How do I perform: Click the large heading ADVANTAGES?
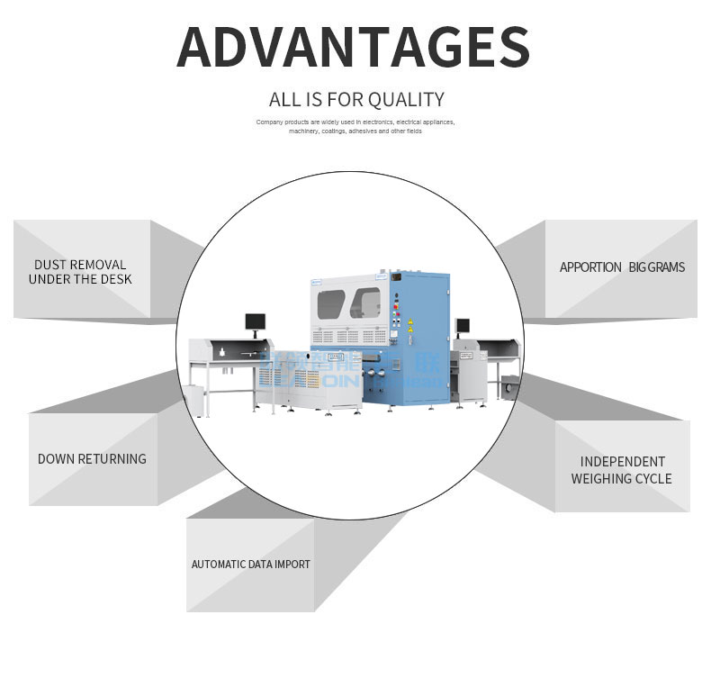click(353, 47)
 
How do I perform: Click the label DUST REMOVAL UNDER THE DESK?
click(80, 272)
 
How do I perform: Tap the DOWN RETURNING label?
click(92, 459)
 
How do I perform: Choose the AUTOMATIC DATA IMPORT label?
click(250, 565)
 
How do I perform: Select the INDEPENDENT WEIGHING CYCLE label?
click(621, 470)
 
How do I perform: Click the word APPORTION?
click(590, 267)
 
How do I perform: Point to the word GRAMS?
click(668, 267)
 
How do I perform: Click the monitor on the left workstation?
click(256, 321)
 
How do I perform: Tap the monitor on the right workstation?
click(463, 326)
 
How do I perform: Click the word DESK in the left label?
click(116, 279)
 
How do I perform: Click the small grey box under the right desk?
click(509, 390)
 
